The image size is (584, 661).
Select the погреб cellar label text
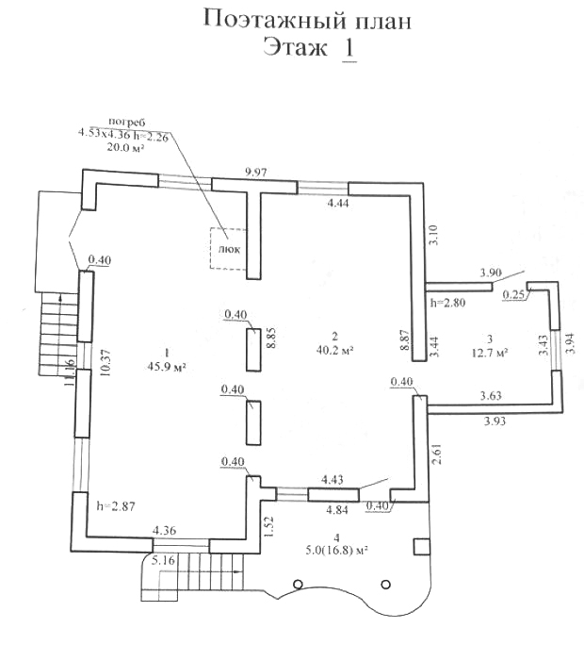point(126,122)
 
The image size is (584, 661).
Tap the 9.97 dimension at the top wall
point(257,171)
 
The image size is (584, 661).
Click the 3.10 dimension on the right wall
point(432,233)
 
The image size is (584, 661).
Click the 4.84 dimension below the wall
point(338,510)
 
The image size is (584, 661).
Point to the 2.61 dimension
point(436,458)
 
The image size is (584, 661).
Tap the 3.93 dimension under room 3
point(495,421)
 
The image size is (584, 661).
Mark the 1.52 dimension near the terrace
point(268,525)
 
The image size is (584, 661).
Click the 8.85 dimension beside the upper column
point(269,339)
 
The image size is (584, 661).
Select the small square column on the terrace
point(421,546)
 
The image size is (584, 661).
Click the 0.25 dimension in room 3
point(512,294)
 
